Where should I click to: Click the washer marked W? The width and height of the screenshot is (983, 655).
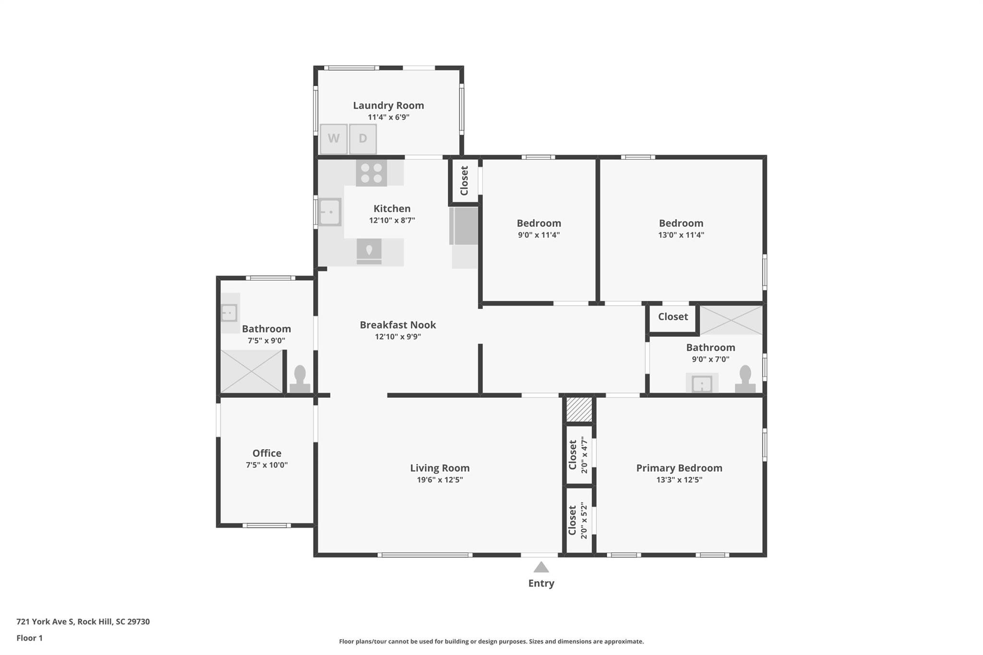pos(334,139)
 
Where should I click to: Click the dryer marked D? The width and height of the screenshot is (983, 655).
pos(363,139)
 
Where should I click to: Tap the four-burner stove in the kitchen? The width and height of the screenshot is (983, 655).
pos(372,173)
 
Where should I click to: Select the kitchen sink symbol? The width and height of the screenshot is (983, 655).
pos(330,212)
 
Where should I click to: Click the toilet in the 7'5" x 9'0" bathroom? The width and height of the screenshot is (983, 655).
pos(300,379)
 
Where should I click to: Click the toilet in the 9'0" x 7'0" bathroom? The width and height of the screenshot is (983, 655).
pos(745,379)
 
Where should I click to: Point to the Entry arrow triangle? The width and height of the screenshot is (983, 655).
pos(541,568)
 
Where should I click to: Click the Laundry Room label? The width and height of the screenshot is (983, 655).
pos(388,106)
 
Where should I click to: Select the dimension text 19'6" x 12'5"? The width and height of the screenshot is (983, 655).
pos(440,480)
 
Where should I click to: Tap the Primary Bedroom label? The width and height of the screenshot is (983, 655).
pos(679,468)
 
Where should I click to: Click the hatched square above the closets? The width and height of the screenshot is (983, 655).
pos(579,409)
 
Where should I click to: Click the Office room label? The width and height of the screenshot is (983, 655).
pos(267,453)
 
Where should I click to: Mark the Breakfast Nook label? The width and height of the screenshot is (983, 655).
pos(398,325)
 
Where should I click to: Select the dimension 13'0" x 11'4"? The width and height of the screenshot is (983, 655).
pos(681,235)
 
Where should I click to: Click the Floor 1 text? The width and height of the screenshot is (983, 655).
pos(30,638)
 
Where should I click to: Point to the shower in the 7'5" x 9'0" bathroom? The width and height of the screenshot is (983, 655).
pos(251,371)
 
